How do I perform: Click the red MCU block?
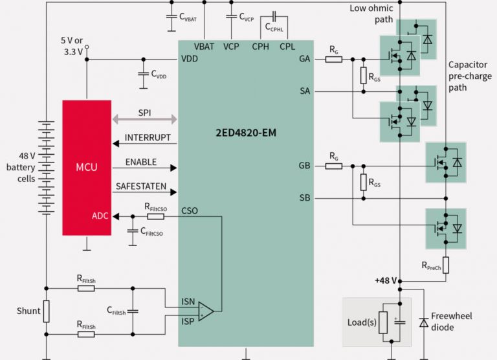(87, 167)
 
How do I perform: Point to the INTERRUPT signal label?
(148, 138)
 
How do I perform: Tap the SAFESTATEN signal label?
(140, 186)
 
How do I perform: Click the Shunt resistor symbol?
(46, 311)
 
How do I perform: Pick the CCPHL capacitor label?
(276, 27)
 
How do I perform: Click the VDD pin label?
(190, 59)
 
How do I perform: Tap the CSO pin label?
(190, 210)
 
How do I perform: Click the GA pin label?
(304, 59)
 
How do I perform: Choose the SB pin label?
(304, 197)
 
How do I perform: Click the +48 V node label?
(384, 280)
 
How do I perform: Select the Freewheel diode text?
(451, 321)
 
